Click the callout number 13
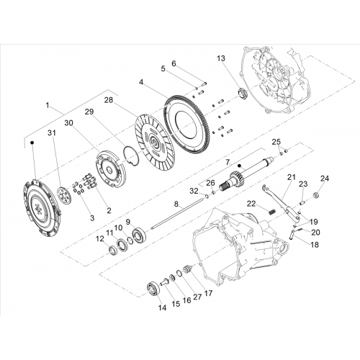pyautogui.click(x=221, y=58)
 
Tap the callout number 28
pyautogui.click(x=109, y=100)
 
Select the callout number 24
pyautogui.click(x=325, y=179)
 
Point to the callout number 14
pyautogui.click(x=162, y=308)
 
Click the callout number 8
pyautogui.click(x=176, y=204)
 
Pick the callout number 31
pyautogui.click(x=51, y=132)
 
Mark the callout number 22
pyautogui.click(x=251, y=204)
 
